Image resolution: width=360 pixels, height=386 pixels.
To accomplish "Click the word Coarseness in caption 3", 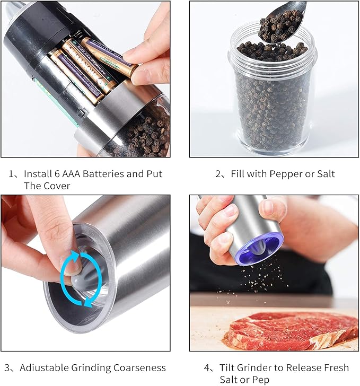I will click(139, 367).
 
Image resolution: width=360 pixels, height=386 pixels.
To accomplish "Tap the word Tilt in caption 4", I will click(228, 367).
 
